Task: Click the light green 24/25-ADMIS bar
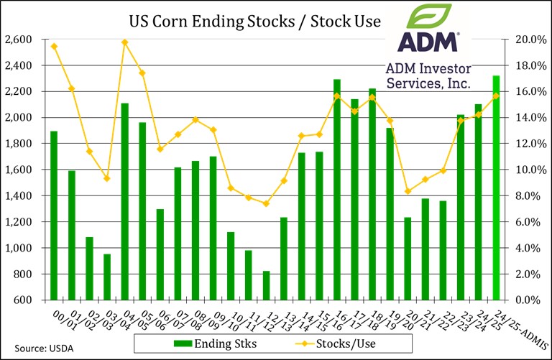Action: (x=496, y=188)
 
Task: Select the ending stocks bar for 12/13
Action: (x=266, y=285)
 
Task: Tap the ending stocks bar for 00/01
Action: (x=54, y=216)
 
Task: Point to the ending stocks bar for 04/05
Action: (x=124, y=201)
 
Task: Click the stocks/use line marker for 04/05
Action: (x=124, y=42)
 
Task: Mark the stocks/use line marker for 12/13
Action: (x=266, y=203)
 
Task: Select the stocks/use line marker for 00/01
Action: (x=54, y=46)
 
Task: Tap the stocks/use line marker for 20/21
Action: (x=408, y=191)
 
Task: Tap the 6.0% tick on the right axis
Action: (x=530, y=222)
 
